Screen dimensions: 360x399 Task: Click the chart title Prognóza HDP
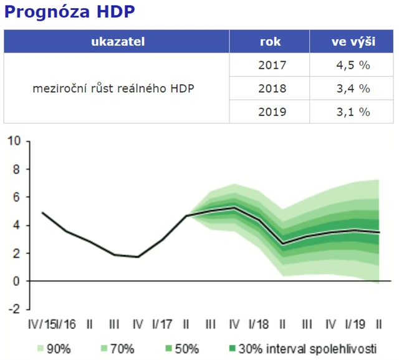click(69, 12)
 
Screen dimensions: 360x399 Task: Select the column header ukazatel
click(117, 42)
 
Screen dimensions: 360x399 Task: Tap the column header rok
click(270, 42)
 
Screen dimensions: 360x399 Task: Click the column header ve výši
click(352, 42)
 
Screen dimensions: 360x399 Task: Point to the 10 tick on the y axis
click(14, 142)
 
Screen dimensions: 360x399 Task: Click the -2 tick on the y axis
click(14, 309)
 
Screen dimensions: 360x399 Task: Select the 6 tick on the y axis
click(17, 197)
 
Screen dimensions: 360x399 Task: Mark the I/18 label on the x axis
click(258, 324)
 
